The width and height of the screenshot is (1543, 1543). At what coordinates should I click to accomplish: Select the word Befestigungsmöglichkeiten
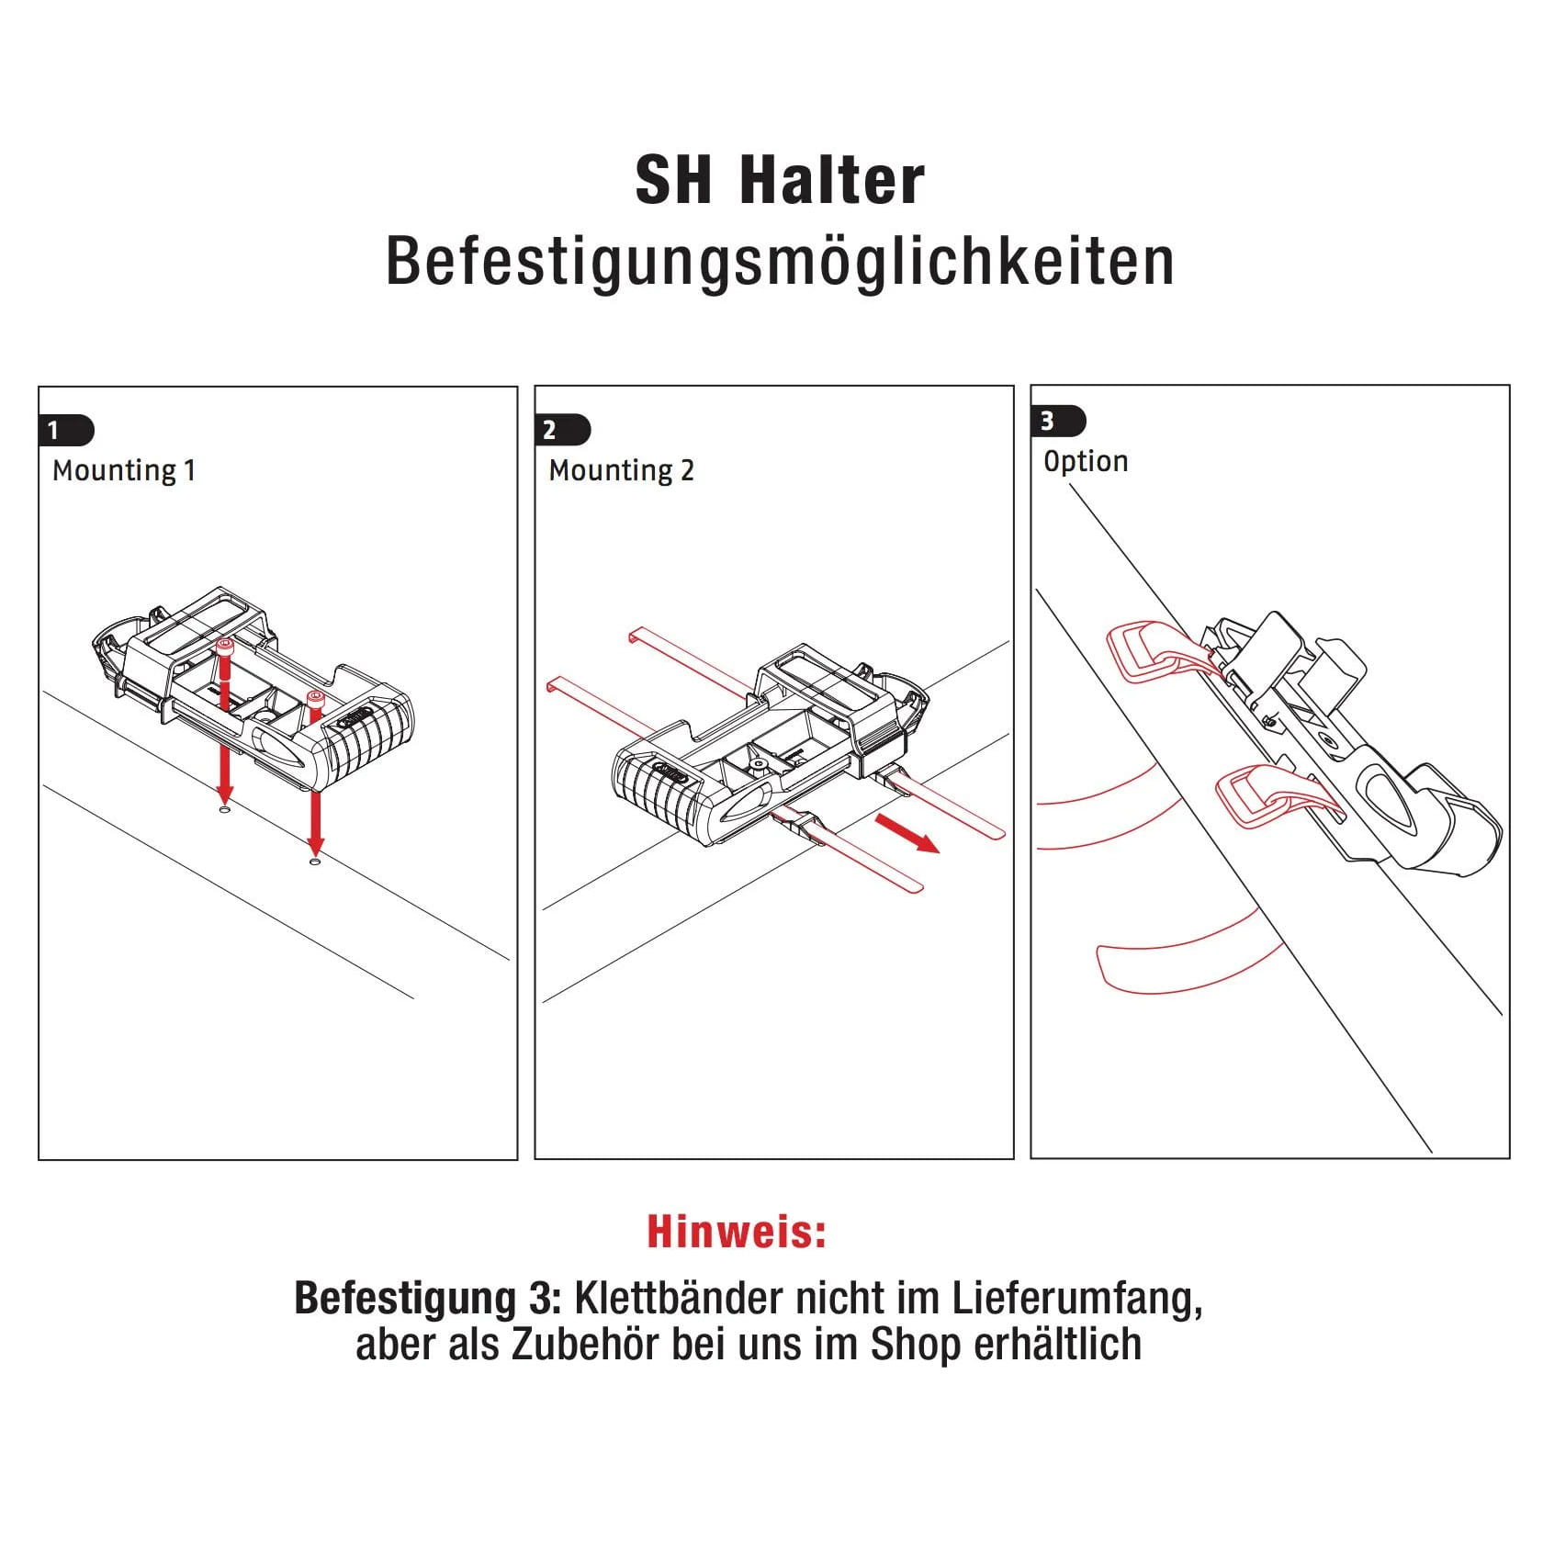tap(780, 263)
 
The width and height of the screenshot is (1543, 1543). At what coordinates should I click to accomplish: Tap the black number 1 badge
tap(66, 430)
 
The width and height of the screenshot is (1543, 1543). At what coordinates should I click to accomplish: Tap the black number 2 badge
tap(562, 430)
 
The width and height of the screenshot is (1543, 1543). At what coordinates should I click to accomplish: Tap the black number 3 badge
tap(1058, 422)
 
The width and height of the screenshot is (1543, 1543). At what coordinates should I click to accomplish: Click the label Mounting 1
tap(124, 471)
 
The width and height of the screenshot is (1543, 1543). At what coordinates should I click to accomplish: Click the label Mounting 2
tap(622, 471)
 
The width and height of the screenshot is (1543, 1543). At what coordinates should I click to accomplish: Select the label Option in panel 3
tap(1086, 461)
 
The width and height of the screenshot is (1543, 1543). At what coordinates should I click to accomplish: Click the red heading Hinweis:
tap(737, 1232)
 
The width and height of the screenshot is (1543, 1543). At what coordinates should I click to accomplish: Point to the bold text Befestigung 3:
tap(426, 1299)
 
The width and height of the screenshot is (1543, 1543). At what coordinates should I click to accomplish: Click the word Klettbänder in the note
tap(680, 1298)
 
